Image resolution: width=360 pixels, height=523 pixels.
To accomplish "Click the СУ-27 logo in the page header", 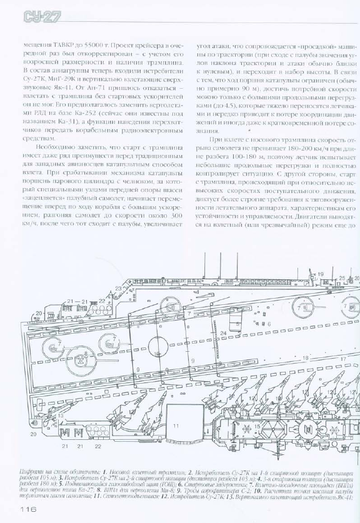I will [x=39, y=17].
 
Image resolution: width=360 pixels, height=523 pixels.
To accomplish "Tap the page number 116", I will [x=31, y=510].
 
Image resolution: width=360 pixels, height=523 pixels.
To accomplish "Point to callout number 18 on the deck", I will [x=306, y=357].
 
